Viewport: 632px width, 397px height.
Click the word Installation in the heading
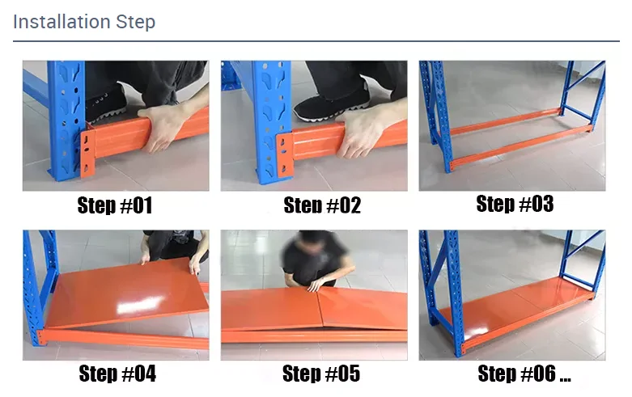point(62,21)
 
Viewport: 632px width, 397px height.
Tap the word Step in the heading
point(135,22)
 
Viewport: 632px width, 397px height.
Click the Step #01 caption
point(115,205)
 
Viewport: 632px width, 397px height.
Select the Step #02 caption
point(322,205)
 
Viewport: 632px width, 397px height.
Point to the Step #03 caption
point(515,204)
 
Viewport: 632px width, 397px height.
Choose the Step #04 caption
point(117,374)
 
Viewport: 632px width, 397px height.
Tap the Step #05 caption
point(320,374)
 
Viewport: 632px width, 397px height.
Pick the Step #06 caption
point(524,374)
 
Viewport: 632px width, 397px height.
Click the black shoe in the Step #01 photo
point(105,104)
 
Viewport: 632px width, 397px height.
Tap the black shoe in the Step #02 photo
point(331,103)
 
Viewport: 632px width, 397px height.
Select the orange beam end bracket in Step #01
point(88,154)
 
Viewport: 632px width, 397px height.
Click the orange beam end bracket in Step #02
point(285,154)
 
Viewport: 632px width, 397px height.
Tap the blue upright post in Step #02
point(271,120)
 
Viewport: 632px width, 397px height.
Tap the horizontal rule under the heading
point(316,41)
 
